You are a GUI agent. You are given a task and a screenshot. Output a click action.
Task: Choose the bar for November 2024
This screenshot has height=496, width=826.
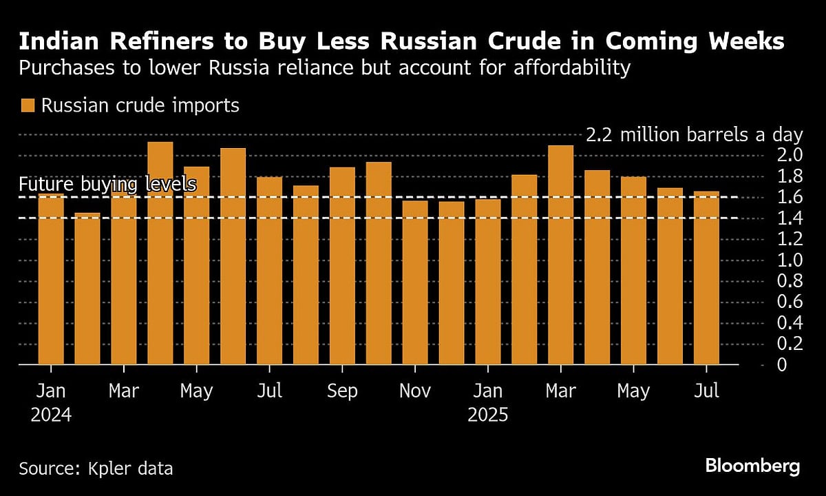pos(415,282)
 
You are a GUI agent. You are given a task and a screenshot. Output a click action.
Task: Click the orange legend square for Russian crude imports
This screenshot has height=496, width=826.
pos(28,105)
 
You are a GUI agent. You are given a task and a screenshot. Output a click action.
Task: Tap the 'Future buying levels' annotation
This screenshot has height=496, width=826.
pos(108,185)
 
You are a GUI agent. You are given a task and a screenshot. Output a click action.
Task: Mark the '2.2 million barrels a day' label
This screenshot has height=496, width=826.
pos(694,134)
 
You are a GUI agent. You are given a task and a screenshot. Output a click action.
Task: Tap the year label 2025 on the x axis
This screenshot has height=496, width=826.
pos(488,415)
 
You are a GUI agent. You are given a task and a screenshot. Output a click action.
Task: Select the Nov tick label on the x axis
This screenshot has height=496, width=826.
pos(415,391)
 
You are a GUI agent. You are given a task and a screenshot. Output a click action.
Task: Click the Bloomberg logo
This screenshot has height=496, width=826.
pos(752,466)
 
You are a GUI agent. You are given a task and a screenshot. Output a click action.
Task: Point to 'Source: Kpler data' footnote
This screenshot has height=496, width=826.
pos(96,469)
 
